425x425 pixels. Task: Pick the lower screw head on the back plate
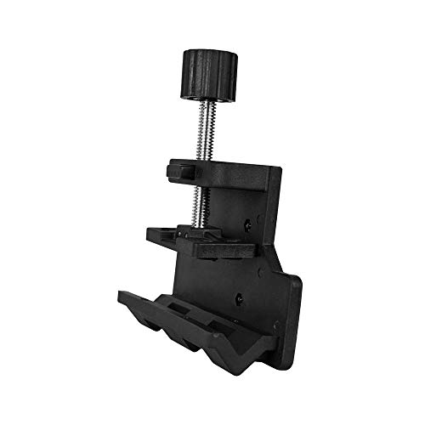pos(241,298)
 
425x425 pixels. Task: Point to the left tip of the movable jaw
pos(149,229)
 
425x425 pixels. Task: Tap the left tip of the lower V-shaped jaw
pos(122,296)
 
